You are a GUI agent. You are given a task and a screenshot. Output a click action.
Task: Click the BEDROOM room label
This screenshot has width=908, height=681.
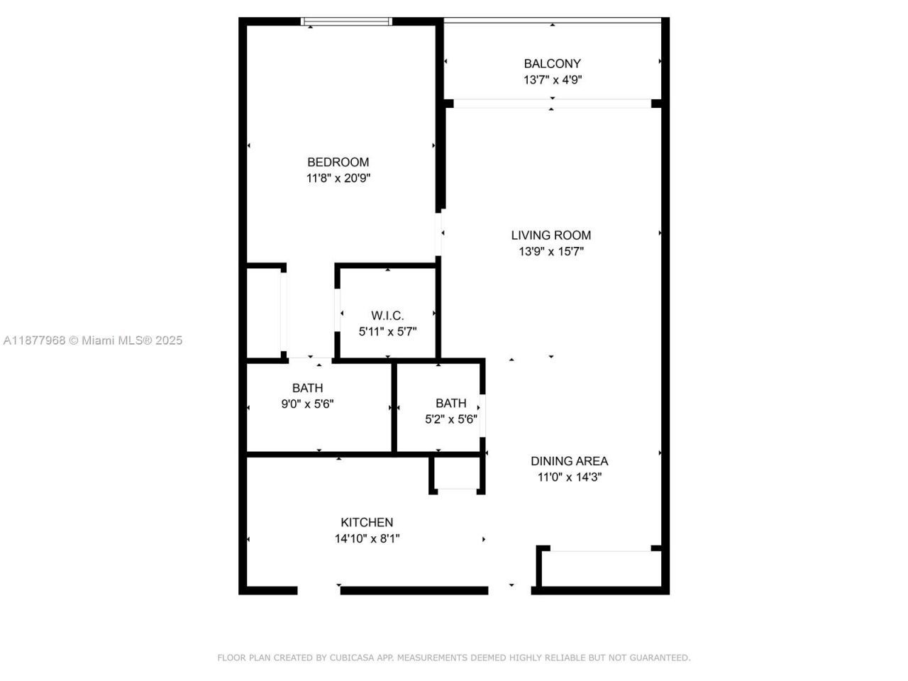(338, 162)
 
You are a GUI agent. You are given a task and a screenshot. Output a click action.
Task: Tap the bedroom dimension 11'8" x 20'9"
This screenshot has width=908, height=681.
(338, 178)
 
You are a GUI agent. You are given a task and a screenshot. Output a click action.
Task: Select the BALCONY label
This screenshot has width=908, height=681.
(552, 64)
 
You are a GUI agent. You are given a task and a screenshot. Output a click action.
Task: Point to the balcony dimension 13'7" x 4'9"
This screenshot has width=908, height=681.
(552, 80)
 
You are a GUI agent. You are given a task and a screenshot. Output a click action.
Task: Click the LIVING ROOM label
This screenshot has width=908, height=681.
(550, 235)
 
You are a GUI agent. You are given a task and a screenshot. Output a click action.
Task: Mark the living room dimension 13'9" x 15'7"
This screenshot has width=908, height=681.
(550, 251)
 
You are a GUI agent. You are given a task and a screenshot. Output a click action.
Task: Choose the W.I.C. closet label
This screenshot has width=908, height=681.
(387, 316)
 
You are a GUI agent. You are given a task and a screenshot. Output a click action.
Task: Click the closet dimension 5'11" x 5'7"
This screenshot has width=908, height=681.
(387, 331)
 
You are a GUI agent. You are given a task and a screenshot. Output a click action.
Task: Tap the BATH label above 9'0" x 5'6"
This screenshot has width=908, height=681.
(307, 388)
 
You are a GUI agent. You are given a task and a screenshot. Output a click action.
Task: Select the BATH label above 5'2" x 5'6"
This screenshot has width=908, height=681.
(450, 403)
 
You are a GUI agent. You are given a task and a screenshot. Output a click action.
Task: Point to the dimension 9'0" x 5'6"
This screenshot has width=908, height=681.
(307, 404)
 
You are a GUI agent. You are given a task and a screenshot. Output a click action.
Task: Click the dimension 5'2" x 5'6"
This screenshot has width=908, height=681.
(450, 419)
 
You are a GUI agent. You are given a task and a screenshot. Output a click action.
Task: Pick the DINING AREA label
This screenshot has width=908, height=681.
(569, 461)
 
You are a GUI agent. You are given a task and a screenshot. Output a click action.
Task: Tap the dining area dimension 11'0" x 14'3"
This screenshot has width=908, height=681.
(569, 477)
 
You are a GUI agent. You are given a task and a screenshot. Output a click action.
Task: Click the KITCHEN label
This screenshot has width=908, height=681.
(367, 522)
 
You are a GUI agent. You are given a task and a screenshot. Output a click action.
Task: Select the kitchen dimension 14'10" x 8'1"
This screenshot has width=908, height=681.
(367, 538)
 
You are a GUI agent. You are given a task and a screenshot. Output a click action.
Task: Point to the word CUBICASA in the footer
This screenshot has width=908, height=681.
(352, 658)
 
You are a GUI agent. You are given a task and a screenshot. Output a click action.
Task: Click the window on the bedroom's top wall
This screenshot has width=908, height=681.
(347, 22)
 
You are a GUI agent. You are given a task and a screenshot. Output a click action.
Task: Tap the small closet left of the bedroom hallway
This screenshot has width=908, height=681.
(263, 313)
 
